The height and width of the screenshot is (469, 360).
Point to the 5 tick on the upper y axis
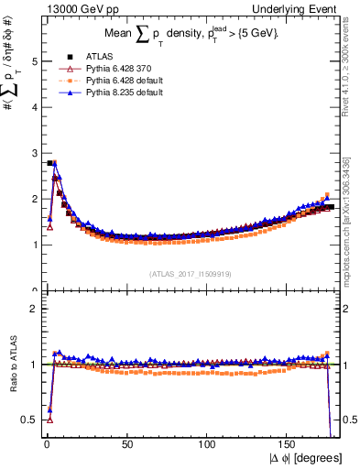[x=33, y=61]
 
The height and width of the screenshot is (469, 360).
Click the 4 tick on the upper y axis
[x=33, y=107]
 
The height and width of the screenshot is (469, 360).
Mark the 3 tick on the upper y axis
[x=33, y=153]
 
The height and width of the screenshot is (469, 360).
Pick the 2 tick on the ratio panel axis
[x=33, y=309]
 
